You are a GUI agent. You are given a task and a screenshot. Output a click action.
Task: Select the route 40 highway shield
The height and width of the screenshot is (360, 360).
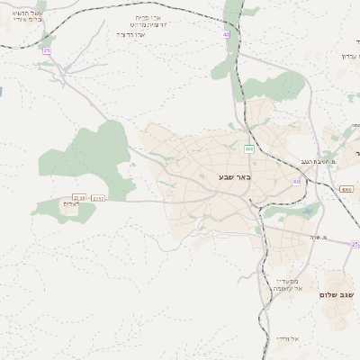(x=226, y=34)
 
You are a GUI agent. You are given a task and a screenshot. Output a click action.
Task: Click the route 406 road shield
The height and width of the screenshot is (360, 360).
(x=249, y=148)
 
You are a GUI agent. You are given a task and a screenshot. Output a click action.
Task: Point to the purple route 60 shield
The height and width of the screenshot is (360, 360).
(x=296, y=182)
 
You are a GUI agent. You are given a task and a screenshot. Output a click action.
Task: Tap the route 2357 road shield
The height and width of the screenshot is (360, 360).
(x=98, y=198)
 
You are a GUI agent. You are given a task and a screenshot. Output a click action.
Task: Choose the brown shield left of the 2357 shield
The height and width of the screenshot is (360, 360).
(x=78, y=197)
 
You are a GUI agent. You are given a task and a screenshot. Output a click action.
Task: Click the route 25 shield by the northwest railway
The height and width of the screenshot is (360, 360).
(x=46, y=51)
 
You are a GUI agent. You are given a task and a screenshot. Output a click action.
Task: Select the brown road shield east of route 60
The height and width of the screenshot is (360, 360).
(x=346, y=189)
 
